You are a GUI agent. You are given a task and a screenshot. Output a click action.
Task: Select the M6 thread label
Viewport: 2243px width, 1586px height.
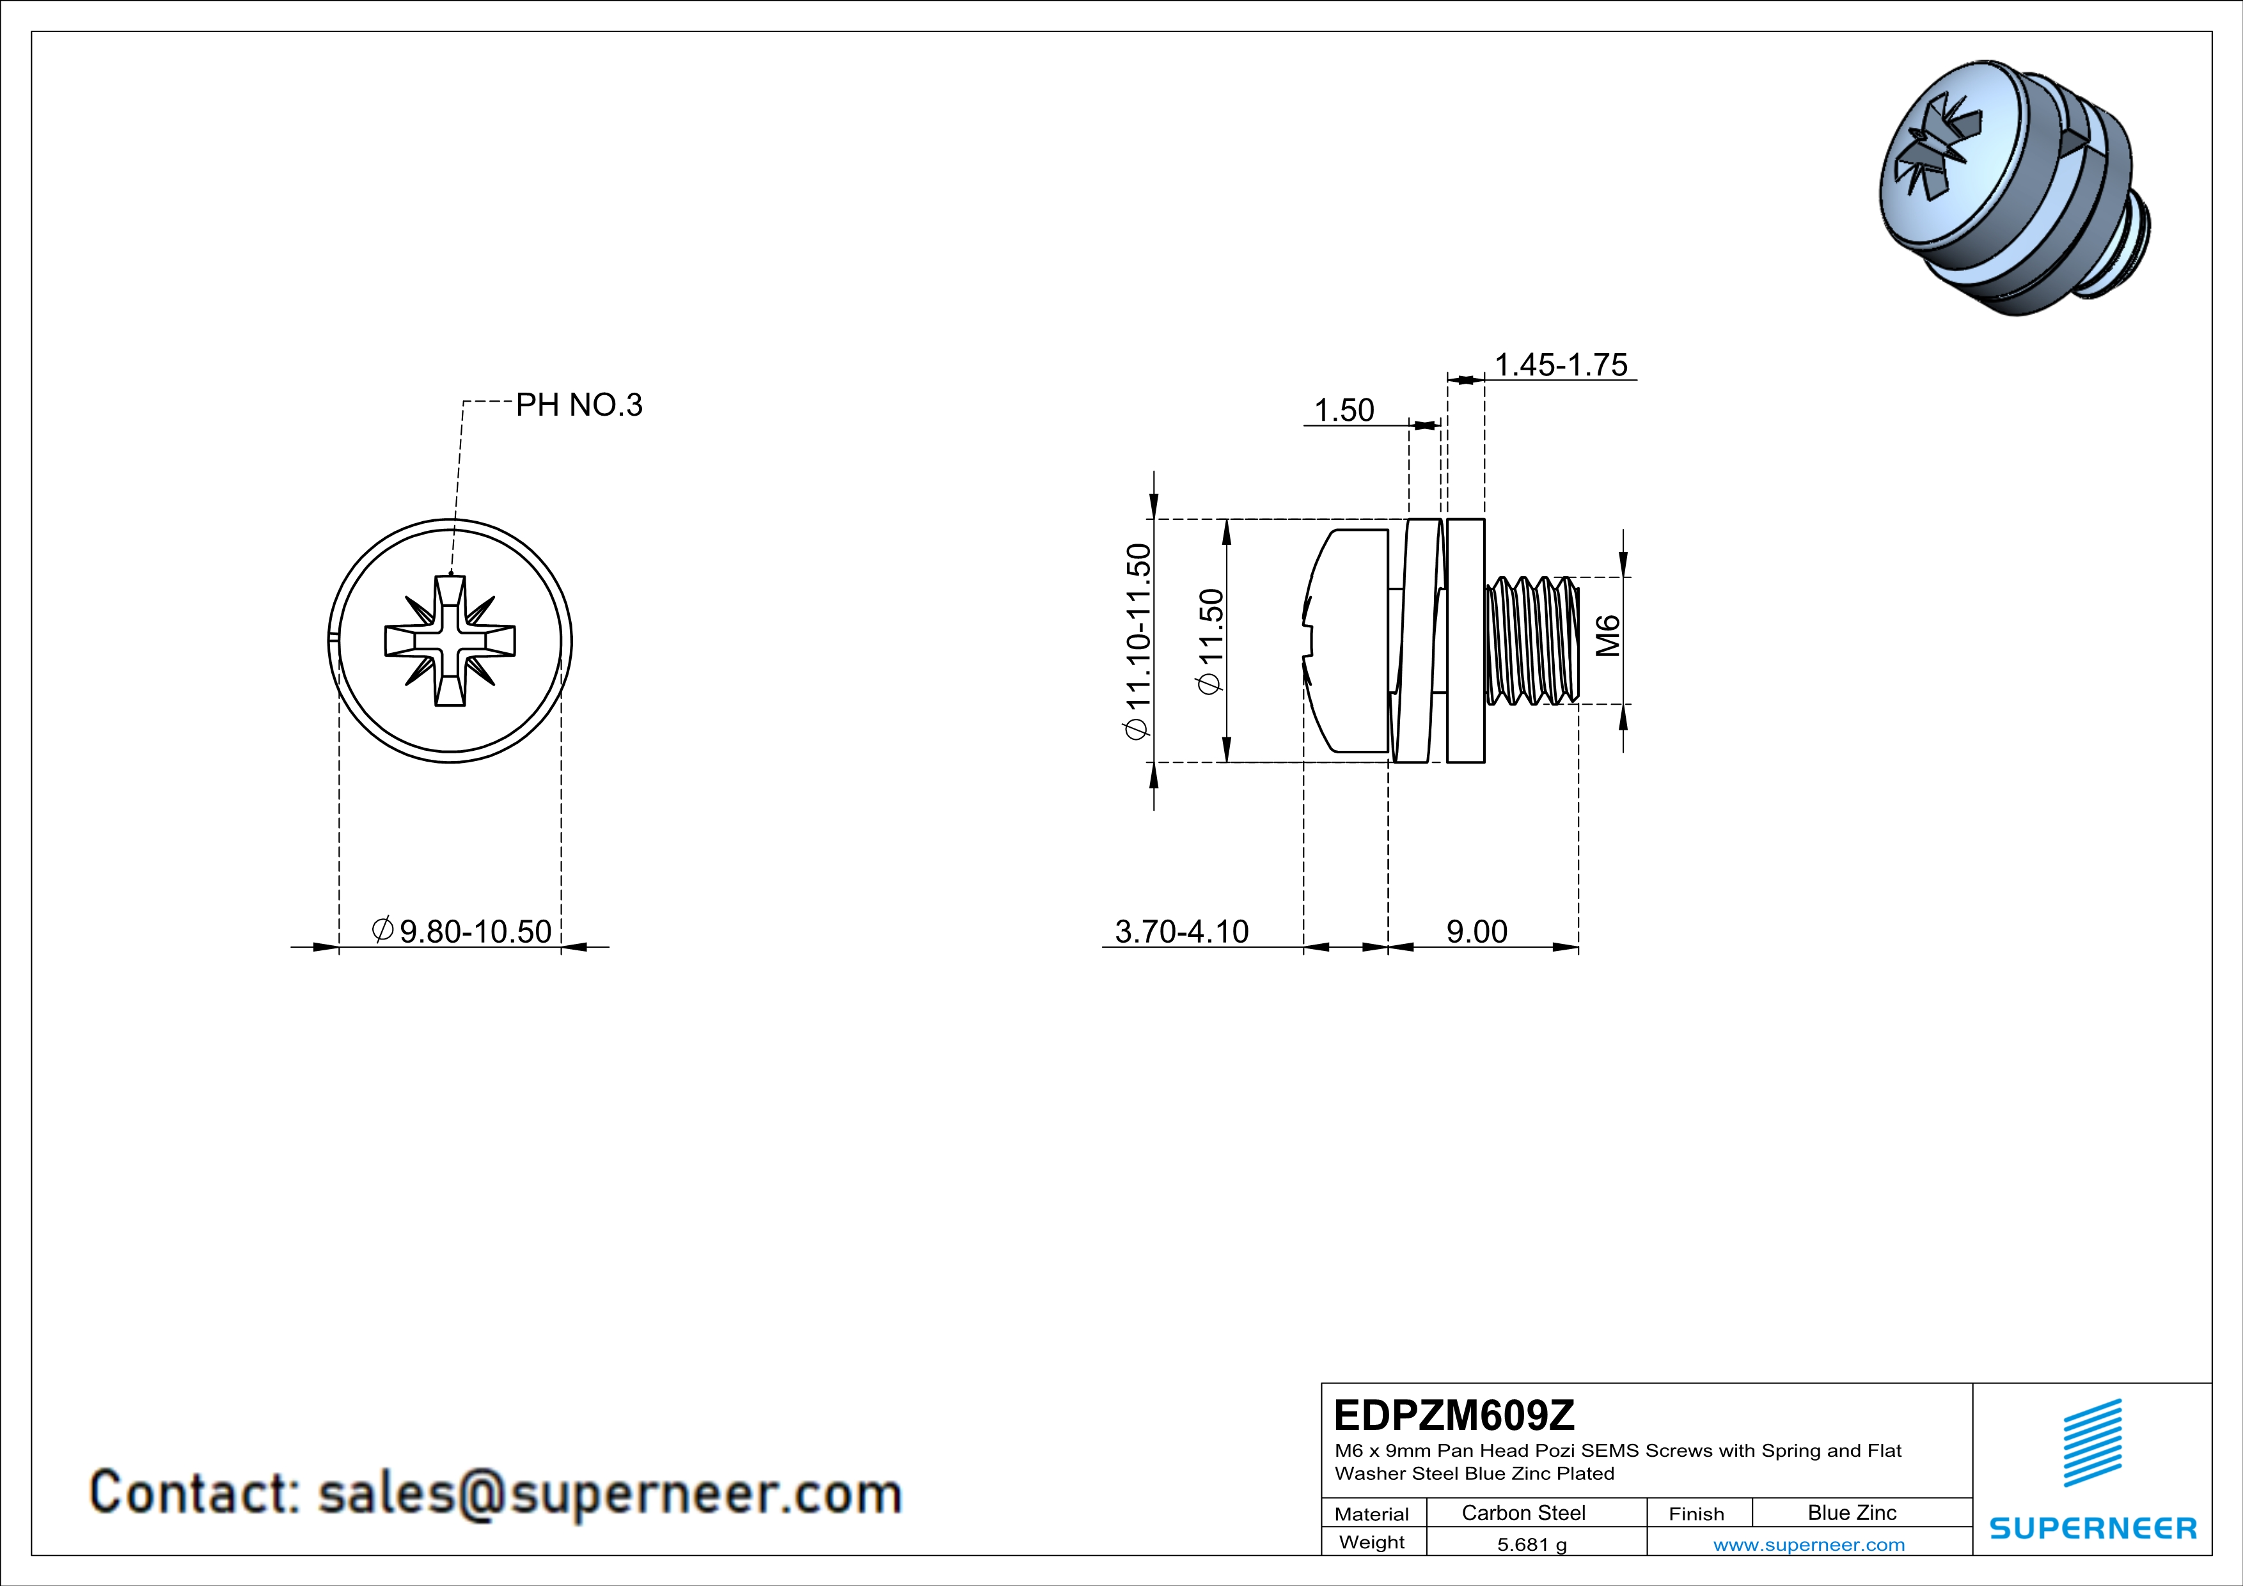click(x=1607, y=636)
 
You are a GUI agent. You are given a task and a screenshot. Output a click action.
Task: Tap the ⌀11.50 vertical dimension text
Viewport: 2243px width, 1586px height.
click(x=1210, y=641)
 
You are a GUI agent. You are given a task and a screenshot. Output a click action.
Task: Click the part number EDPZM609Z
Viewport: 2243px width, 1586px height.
click(x=1454, y=1415)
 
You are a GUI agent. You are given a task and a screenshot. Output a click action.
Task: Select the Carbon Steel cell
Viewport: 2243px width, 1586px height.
click(x=1523, y=1512)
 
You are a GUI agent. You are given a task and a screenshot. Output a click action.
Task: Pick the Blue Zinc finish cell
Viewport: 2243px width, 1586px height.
click(x=1851, y=1512)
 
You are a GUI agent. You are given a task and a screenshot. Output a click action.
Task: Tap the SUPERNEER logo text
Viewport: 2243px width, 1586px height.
click(x=2093, y=1528)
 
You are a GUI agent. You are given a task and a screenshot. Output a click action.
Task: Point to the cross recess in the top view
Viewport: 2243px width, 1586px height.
click(x=450, y=641)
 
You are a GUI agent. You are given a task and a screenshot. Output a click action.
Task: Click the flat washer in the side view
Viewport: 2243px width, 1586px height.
click(x=1465, y=641)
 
